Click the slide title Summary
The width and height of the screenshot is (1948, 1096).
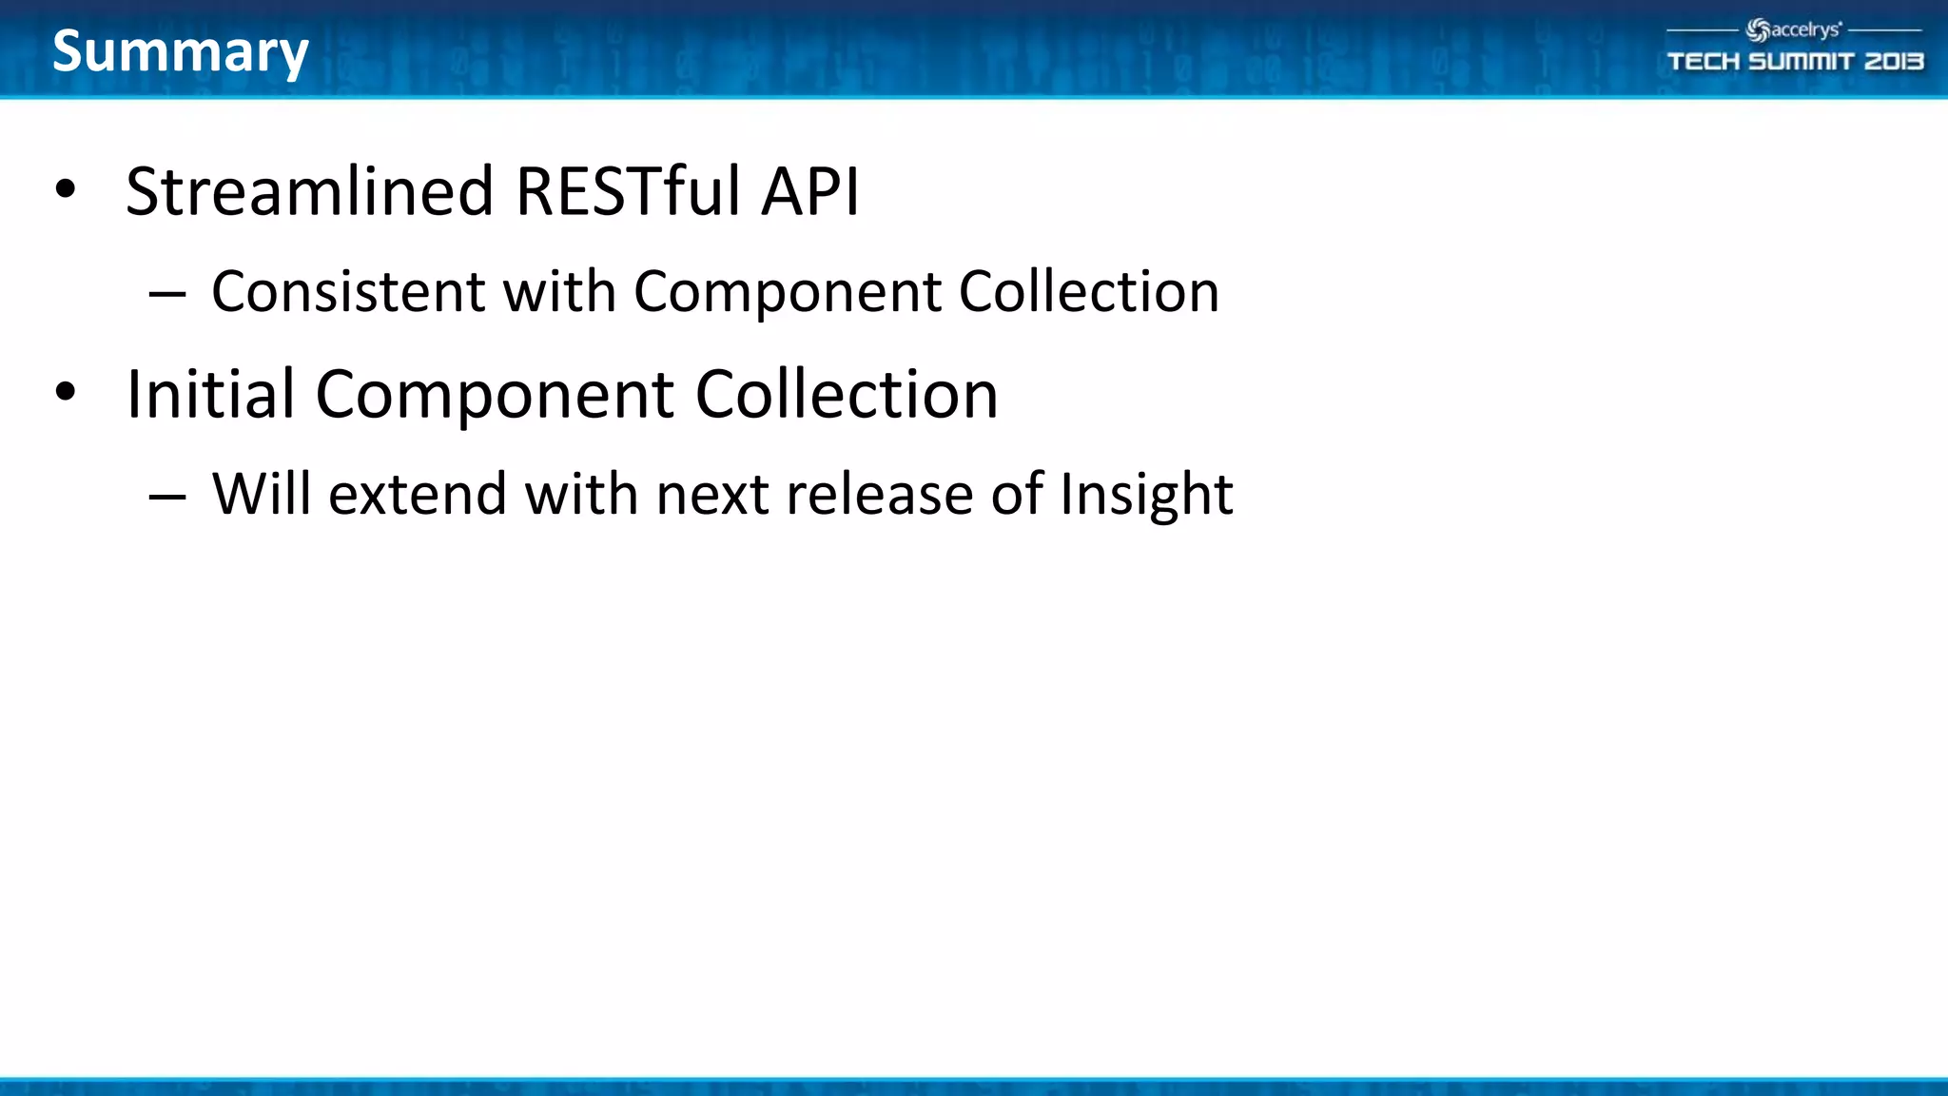coord(181,51)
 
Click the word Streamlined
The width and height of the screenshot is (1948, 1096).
coord(310,192)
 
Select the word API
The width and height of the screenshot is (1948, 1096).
coord(810,192)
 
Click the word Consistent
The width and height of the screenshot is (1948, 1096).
coord(348,291)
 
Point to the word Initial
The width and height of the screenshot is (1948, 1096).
coord(210,394)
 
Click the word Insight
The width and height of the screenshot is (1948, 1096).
coord(1146,495)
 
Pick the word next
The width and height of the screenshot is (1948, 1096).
coord(712,495)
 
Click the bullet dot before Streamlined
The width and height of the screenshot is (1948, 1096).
coord(65,189)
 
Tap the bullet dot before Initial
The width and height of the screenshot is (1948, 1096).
coord(65,392)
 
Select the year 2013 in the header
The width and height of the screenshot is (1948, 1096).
coord(1893,62)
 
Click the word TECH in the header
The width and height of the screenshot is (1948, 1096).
coord(1704,62)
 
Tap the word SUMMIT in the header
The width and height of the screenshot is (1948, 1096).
coord(1802,62)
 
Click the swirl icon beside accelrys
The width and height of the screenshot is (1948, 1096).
coord(1758,30)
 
